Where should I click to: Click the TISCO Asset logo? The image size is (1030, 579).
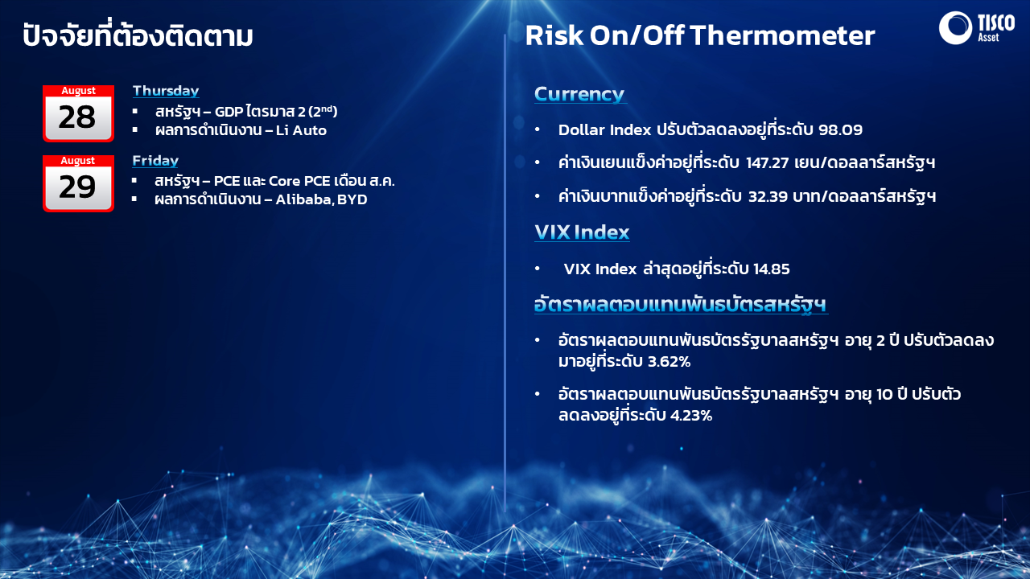[976, 27]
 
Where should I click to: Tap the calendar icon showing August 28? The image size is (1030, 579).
[78, 113]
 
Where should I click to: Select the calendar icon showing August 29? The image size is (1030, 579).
[78, 183]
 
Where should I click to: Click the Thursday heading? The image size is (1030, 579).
[166, 91]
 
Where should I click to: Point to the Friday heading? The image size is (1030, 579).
[155, 161]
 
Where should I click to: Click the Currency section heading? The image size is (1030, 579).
[579, 94]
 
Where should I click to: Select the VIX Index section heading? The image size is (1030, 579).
[582, 232]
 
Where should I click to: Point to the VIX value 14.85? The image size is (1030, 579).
[771, 269]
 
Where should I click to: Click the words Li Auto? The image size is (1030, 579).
[301, 130]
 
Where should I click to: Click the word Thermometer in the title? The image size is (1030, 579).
[783, 35]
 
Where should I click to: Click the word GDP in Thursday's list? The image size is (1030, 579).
[229, 112]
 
